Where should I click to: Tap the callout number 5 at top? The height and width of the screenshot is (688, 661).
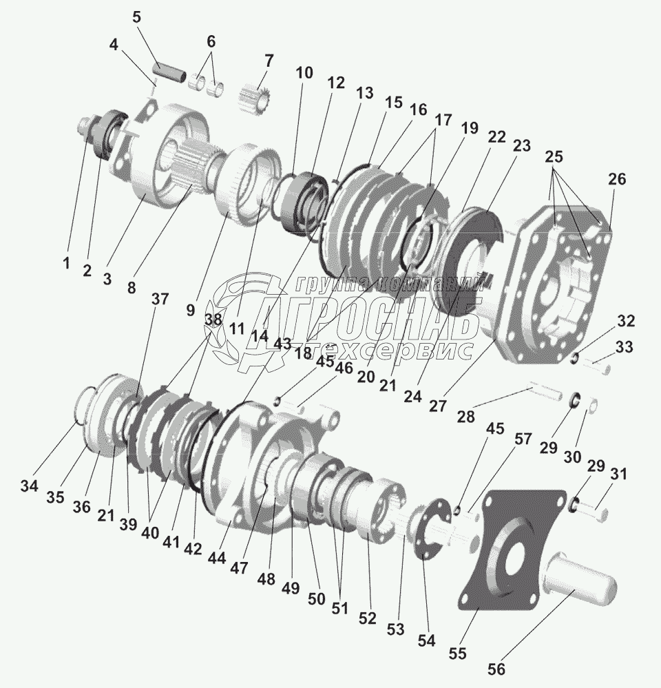[x=136, y=17]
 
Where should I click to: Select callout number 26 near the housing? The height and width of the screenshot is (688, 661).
[x=616, y=180]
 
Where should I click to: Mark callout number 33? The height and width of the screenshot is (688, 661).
[x=624, y=348]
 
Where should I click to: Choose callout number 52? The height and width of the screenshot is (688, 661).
[x=368, y=618]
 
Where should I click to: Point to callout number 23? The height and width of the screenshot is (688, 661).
[x=521, y=146]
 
